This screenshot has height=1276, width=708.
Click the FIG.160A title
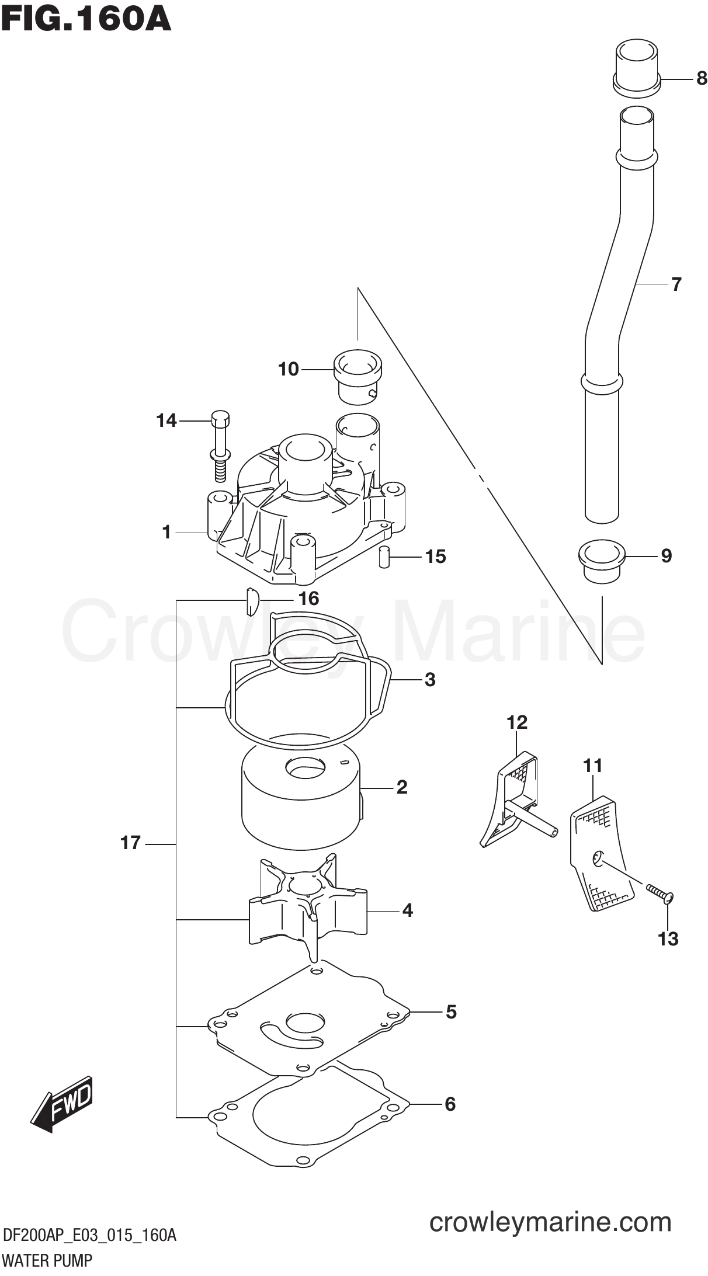(x=86, y=19)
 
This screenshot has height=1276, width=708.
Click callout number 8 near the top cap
(x=702, y=78)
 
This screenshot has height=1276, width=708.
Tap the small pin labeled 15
(x=384, y=557)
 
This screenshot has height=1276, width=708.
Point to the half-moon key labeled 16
(x=251, y=602)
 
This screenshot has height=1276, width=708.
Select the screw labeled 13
(x=660, y=893)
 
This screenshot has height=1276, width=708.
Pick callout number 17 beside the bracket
(x=131, y=843)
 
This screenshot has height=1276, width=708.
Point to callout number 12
(x=517, y=722)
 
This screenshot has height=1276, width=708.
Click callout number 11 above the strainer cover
(x=592, y=766)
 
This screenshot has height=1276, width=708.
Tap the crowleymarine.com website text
(x=550, y=1221)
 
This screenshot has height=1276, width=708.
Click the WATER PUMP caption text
(x=47, y=1261)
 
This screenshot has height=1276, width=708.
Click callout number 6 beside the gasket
(x=450, y=1104)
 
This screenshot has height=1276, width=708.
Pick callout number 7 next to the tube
(x=676, y=284)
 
